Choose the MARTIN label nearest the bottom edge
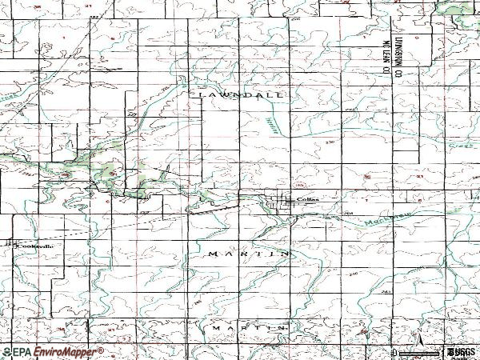click(249, 328)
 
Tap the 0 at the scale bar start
click(394, 352)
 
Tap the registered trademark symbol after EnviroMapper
click(101, 348)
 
